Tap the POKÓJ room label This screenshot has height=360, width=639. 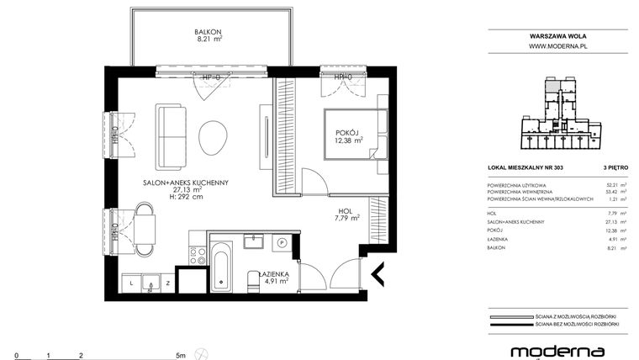click(x=346, y=133)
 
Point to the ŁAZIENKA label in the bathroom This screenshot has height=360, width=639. click(x=274, y=274)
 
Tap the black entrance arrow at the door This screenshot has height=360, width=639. click(x=378, y=273)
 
